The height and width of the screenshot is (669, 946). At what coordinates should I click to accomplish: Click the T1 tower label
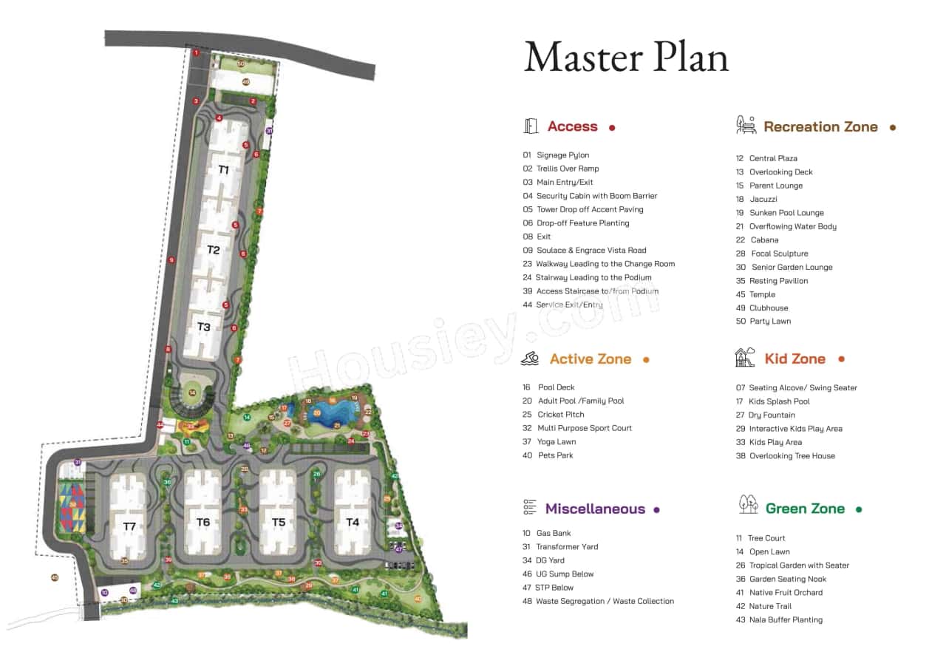(x=223, y=170)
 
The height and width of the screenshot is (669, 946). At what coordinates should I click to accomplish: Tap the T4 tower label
(x=353, y=523)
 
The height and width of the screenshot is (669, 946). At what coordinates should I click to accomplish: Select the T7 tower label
(x=129, y=526)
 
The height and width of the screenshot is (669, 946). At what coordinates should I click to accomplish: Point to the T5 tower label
(x=279, y=523)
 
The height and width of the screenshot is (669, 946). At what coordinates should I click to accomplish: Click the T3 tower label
(x=204, y=327)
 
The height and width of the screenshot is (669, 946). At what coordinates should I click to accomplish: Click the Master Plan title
(x=626, y=57)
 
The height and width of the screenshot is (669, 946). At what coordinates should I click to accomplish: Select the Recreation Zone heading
(x=820, y=127)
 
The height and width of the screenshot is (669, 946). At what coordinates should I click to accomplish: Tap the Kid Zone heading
(x=794, y=359)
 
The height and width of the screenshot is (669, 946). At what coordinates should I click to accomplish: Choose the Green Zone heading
(x=805, y=509)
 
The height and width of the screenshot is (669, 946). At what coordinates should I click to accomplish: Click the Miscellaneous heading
(x=595, y=509)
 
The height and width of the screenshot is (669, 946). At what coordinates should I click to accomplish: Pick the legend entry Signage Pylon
(x=562, y=155)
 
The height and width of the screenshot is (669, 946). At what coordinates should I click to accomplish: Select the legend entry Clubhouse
(x=769, y=308)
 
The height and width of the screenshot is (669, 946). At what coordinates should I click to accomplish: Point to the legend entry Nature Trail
(x=770, y=606)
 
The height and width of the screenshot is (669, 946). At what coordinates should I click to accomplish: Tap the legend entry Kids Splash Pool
(x=779, y=401)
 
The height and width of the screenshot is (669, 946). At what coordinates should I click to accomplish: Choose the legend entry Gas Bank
(x=554, y=533)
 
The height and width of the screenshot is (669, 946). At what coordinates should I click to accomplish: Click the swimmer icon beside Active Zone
(x=530, y=359)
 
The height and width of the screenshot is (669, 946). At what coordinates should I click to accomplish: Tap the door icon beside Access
(x=531, y=126)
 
